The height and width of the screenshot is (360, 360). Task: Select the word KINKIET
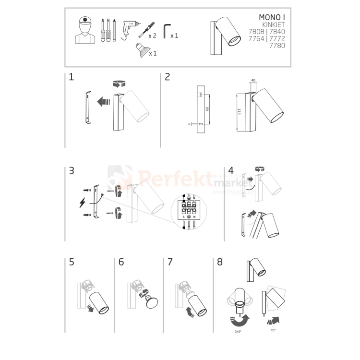click(x=273, y=25)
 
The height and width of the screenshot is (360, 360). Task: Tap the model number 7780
click(x=277, y=46)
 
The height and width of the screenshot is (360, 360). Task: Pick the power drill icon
click(x=129, y=30)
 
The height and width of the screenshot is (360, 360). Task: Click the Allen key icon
click(x=166, y=31)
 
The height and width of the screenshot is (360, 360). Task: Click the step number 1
click(x=71, y=77)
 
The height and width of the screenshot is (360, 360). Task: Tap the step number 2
click(x=168, y=77)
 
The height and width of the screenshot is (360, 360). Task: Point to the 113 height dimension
click(x=239, y=112)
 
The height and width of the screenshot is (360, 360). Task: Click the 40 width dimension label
click(x=253, y=81)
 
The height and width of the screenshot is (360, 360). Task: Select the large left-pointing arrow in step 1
click(x=102, y=102)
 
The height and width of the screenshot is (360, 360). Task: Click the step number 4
click(x=231, y=170)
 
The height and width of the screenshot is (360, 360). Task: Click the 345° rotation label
click(x=238, y=332)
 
